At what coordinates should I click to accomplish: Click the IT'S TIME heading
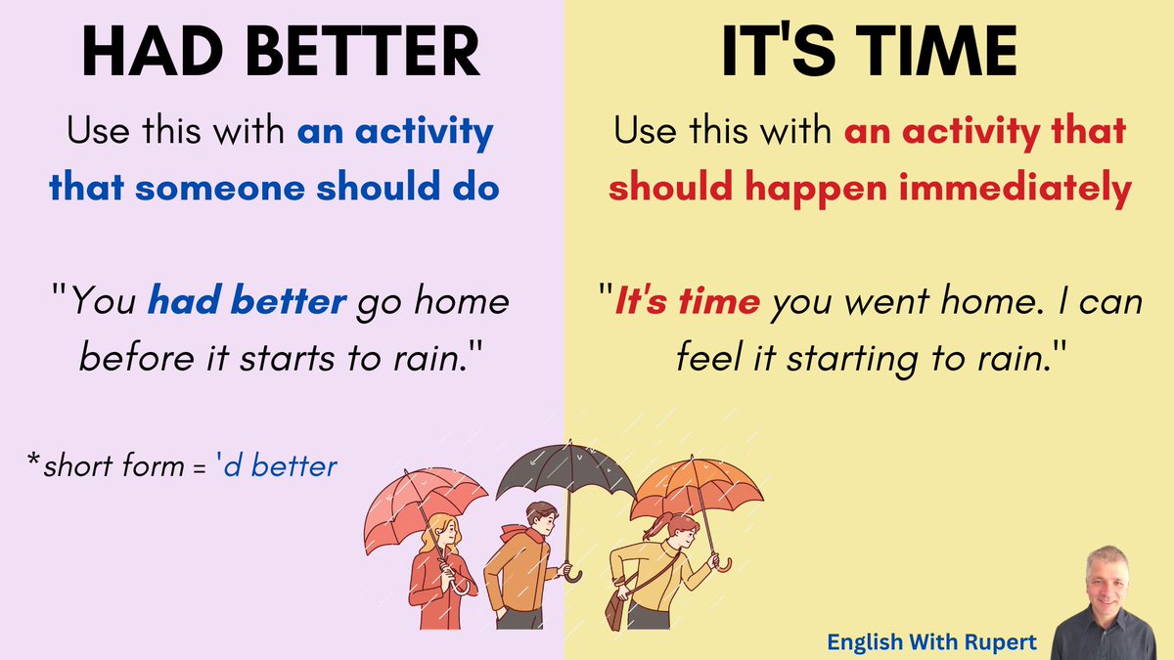pyautogui.click(x=868, y=54)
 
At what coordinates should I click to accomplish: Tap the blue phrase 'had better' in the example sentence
pyautogui.click(x=247, y=301)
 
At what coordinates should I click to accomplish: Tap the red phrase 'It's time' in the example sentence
pyautogui.click(x=686, y=301)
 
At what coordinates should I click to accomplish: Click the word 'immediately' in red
pyautogui.click(x=1034, y=189)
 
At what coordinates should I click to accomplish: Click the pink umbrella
pyautogui.click(x=426, y=504)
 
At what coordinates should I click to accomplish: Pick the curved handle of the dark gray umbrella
pyautogui.click(x=573, y=574)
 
